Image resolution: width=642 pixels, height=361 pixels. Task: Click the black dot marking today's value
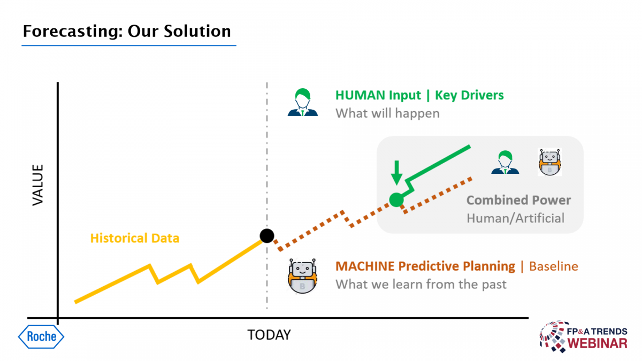(x=267, y=236)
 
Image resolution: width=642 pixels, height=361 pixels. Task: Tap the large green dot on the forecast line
(x=396, y=199)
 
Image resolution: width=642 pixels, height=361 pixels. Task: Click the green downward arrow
(x=396, y=173)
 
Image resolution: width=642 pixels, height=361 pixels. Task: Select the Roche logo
(x=41, y=336)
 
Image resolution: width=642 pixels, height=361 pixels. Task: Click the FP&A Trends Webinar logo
(x=584, y=336)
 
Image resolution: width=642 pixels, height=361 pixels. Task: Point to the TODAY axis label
(x=269, y=335)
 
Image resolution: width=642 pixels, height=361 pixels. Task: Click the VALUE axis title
(x=38, y=185)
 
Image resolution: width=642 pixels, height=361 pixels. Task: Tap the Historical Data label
(x=135, y=238)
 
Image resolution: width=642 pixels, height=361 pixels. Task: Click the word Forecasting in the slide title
(x=73, y=31)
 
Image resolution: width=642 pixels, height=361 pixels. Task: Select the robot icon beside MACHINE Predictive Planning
(x=302, y=276)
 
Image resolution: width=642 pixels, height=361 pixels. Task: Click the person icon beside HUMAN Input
(x=303, y=102)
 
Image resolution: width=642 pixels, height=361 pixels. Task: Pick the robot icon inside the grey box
(x=549, y=162)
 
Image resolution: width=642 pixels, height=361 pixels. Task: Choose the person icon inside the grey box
(x=505, y=162)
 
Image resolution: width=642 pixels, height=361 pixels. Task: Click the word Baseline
(x=553, y=266)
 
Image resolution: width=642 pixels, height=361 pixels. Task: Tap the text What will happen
(x=387, y=113)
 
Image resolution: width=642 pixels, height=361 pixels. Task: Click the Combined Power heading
(x=518, y=200)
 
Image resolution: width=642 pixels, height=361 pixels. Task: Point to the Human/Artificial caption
(x=515, y=218)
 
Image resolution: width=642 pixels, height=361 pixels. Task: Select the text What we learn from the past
(x=421, y=285)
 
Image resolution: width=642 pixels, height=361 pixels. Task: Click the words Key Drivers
(x=469, y=95)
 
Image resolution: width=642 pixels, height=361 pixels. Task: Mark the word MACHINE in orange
(x=365, y=266)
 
